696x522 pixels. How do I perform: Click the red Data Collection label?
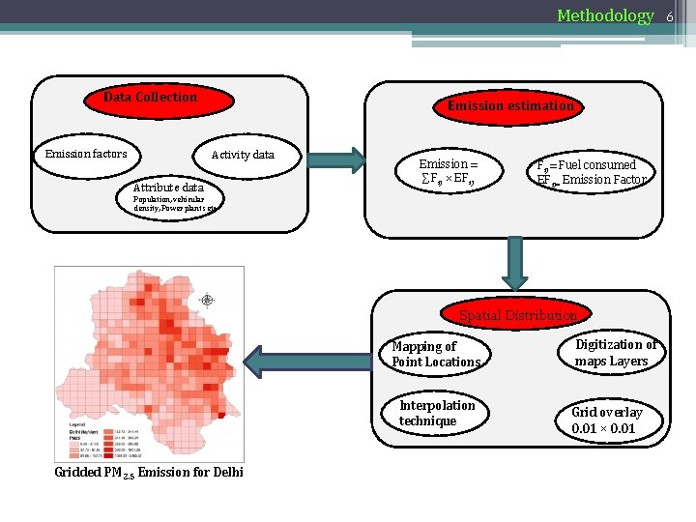[150, 98]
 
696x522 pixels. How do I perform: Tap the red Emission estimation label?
[510, 106]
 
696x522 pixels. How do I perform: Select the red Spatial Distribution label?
[517, 315]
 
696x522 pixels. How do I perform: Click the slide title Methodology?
[605, 15]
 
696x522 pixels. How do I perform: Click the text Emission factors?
[86, 154]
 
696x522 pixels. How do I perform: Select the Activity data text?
[243, 155]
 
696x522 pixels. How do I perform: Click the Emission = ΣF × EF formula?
[449, 172]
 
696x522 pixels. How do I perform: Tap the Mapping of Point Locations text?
[436, 354]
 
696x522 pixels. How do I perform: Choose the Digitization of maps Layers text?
[616, 353]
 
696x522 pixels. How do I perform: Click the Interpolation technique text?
[437, 413]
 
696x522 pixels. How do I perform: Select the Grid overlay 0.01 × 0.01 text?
[607, 420]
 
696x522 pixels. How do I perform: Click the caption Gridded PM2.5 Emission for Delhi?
[149, 472]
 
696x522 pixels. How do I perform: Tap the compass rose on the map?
[207, 301]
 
